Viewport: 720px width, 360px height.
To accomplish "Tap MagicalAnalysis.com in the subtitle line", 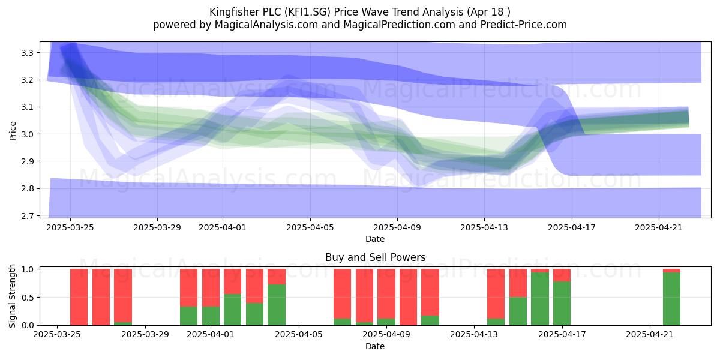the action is [266, 25].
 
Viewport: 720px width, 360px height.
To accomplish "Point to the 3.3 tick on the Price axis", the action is [28, 53].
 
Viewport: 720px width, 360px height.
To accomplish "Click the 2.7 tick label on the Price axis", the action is [28, 216].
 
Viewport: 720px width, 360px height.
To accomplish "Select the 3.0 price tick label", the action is [28, 134].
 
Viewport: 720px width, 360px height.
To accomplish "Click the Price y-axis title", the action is [13, 131].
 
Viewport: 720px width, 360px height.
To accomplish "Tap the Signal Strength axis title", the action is [12, 296].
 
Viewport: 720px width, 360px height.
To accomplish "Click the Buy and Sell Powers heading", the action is [375, 257].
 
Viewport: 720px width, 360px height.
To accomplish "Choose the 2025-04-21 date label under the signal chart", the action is [649, 335].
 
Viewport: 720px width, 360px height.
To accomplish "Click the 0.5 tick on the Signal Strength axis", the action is [28, 298].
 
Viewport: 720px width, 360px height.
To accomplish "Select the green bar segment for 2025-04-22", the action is [671, 299].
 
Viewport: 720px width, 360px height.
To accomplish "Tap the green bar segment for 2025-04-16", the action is [539, 299].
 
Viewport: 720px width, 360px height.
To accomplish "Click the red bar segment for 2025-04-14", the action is [496, 294].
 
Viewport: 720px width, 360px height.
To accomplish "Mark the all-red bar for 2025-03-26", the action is [101, 297].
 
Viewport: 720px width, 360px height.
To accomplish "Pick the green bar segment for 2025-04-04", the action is [277, 305].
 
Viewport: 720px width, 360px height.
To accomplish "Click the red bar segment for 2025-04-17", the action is [562, 275].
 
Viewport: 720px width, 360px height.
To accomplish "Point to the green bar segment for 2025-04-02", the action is [232, 310].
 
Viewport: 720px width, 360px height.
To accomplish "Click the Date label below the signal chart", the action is [375, 346].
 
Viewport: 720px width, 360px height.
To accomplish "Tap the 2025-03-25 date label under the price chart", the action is [70, 227].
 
